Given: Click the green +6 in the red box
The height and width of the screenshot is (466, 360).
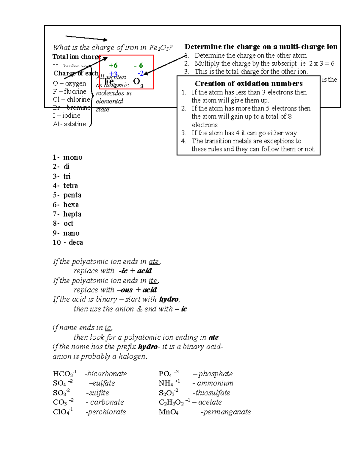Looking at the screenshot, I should [113, 65].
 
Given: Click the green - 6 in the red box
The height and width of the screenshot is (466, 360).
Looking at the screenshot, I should [139, 65].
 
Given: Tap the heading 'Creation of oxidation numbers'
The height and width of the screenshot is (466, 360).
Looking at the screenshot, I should [249, 83].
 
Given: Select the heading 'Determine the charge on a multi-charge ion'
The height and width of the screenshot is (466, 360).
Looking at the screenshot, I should [261, 47].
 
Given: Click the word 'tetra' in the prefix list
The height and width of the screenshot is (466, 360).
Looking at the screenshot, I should [70, 186].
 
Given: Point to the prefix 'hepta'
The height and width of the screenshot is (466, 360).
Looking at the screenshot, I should [72, 214].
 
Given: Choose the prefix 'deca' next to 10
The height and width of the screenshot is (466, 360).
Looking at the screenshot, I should [76, 242].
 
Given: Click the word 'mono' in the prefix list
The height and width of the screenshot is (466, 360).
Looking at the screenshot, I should [73, 158].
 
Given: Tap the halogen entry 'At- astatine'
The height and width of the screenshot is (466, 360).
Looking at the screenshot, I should [69, 124].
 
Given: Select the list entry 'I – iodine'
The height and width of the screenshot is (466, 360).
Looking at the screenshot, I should [67, 116].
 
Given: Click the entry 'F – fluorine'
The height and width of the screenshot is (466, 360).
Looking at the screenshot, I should [70, 91].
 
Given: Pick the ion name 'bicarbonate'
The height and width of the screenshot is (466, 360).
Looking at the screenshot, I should [107, 374].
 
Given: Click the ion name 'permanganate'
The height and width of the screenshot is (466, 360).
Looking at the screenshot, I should [227, 412].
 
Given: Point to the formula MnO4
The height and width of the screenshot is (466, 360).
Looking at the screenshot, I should [168, 412].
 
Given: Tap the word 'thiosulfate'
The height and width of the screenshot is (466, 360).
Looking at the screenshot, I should [213, 393].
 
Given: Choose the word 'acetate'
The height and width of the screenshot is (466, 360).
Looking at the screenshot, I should [210, 402].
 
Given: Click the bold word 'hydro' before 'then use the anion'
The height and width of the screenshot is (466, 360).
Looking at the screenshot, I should [169, 299].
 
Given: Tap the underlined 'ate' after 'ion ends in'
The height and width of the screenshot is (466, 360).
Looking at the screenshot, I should [154, 262].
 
